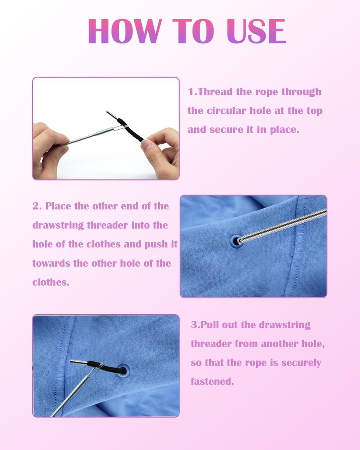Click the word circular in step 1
click(228, 111)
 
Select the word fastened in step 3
click(212, 382)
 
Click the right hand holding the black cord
click(161, 152)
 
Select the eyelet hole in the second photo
click(236, 241)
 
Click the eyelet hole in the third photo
click(123, 370)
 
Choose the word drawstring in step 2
click(58, 225)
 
